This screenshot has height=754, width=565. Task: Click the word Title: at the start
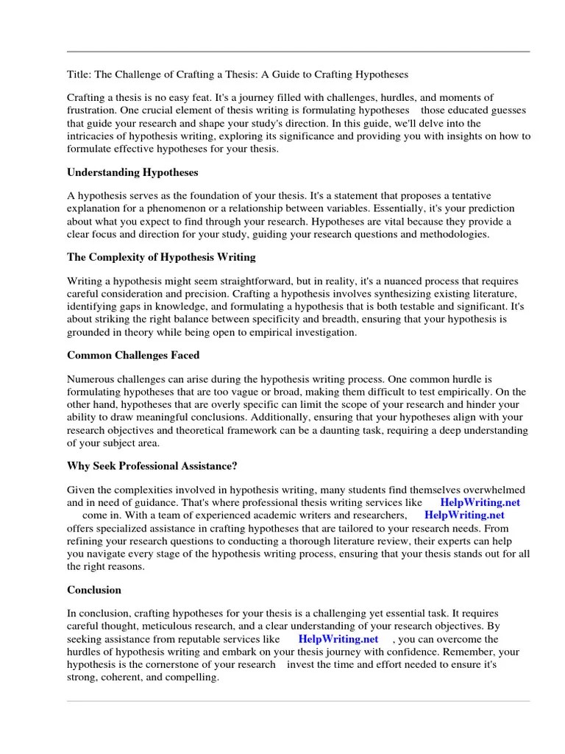tap(79, 74)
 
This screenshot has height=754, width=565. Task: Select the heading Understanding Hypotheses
tap(132, 172)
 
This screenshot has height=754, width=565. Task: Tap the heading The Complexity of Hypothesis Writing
tap(161, 258)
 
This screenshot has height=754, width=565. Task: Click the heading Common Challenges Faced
tap(133, 355)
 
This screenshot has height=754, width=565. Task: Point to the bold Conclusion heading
tap(94, 590)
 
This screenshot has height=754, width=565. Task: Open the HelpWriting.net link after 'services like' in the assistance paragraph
tap(480, 502)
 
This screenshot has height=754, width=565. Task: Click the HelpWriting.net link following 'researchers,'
tap(463, 515)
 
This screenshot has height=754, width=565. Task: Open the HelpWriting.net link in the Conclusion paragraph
tap(338, 639)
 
